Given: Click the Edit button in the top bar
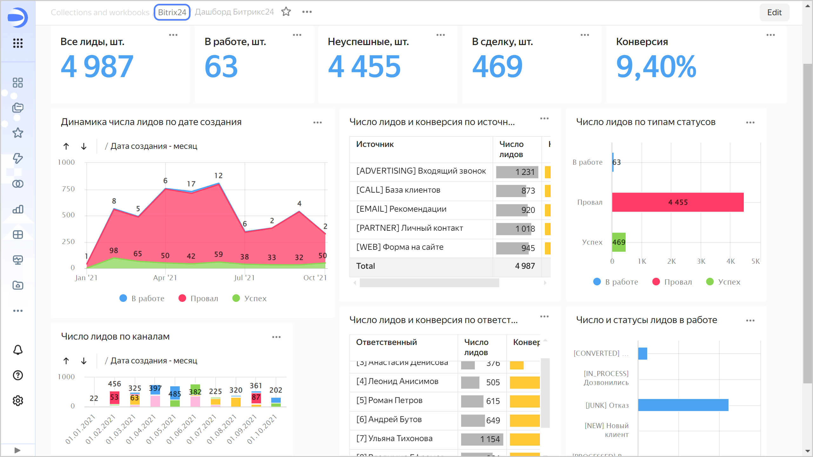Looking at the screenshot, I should point(774,12).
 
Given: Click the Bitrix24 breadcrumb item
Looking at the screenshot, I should point(172,12).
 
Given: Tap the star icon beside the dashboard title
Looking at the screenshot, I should point(286,12).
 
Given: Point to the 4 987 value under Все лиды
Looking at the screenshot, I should point(97,67).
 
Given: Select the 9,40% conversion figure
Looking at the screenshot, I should point(656,67).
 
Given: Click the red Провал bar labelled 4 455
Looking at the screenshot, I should point(677,202).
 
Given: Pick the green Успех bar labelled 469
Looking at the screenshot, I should point(619,242).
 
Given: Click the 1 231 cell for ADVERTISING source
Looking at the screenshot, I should point(517,172).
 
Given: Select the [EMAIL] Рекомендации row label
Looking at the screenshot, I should point(401,209).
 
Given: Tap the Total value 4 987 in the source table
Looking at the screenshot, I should point(525,266).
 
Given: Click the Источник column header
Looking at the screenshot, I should point(375,144).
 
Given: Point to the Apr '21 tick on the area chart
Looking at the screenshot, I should point(165,278).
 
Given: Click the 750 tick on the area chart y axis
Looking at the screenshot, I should point(68,189).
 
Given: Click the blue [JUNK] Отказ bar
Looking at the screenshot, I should point(683,405).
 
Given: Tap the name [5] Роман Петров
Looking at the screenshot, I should point(389,401).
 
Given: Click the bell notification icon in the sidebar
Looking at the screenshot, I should point(18,350).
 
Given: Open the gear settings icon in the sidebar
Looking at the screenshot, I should point(18,401).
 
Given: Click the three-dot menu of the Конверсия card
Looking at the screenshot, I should point(770,35).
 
